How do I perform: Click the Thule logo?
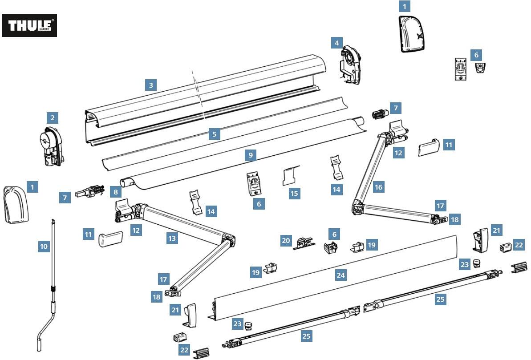coord(29,25)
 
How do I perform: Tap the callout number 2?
coord(53,117)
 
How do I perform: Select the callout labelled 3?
coord(151,85)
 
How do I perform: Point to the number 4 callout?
coord(336,43)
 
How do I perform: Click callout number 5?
coord(215,133)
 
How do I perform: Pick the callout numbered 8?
coord(116,192)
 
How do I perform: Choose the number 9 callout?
coord(251,155)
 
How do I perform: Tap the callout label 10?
coord(44,246)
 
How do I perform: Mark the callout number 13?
coord(172,238)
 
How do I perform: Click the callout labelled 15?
coord(294,193)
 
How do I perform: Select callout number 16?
coord(378,187)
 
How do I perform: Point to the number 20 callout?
coord(286,241)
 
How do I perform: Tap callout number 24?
coord(340,275)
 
